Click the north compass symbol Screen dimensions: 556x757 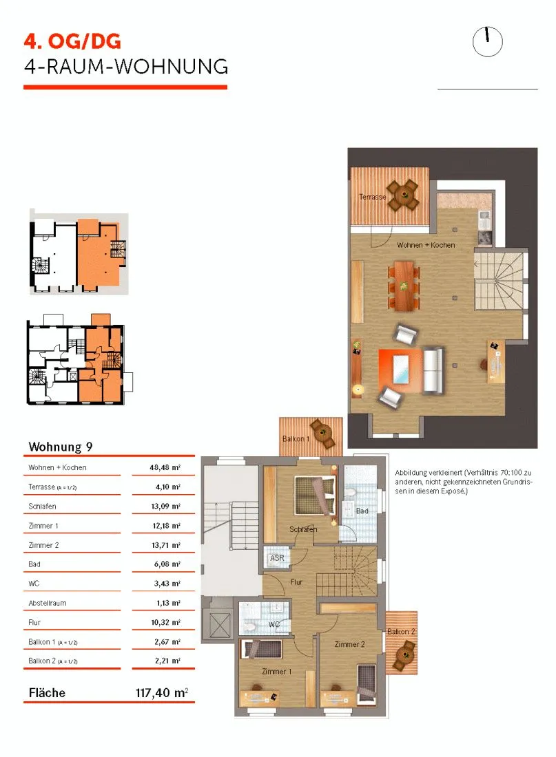(x=487, y=41)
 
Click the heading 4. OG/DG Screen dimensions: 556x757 (x=72, y=41)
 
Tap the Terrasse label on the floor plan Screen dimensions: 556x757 (x=372, y=197)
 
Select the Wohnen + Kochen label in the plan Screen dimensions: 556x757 (x=426, y=245)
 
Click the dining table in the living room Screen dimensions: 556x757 (x=404, y=286)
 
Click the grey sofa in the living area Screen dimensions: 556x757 (x=433, y=370)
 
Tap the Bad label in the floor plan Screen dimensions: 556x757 (x=362, y=511)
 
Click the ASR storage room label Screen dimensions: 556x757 (x=277, y=558)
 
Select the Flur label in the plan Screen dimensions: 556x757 (x=296, y=582)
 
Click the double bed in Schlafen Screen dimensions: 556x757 (x=316, y=495)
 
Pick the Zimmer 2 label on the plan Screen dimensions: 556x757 (x=349, y=644)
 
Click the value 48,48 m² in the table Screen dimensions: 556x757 (x=165, y=467)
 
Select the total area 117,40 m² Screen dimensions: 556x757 (x=161, y=693)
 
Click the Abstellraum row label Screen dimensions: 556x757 (x=48, y=603)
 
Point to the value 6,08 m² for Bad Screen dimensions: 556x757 (x=167, y=564)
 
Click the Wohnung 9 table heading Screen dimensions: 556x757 (x=61, y=447)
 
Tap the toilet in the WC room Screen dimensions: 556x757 (x=251, y=626)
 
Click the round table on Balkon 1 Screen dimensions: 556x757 (x=322, y=433)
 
